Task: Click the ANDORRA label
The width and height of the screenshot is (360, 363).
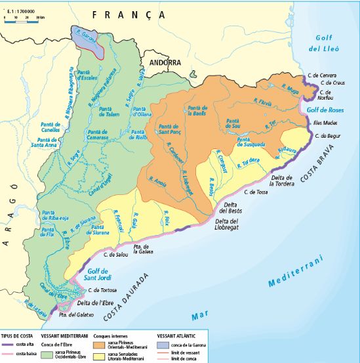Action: click(165, 62)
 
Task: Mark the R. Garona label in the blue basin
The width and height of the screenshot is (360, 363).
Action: click(87, 38)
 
